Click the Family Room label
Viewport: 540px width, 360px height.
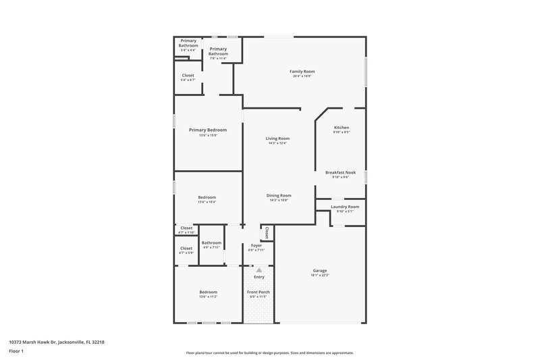click(302, 71)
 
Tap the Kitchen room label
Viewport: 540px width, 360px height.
click(342, 127)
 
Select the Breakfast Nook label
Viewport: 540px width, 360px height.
click(340, 172)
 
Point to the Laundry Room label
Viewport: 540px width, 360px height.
click(344, 207)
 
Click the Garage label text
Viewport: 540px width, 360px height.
click(319, 270)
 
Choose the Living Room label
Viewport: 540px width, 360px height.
click(277, 138)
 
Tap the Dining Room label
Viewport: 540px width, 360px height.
click(279, 195)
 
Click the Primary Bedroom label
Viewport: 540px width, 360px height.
click(208, 130)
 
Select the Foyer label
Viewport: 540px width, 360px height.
click(256, 245)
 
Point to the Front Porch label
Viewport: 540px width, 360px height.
click(259, 292)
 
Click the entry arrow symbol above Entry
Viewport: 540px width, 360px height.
click(259, 269)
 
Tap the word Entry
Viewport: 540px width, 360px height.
click(259, 277)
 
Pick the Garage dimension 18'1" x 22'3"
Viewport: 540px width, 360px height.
click(319, 275)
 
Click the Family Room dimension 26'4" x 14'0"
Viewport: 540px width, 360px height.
click(302, 76)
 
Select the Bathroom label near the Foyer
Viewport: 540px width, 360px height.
click(211, 242)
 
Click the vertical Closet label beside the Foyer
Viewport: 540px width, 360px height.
click(267, 232)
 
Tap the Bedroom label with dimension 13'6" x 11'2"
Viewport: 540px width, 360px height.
click(208, 292)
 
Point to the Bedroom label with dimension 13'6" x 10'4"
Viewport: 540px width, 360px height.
click(207, 197)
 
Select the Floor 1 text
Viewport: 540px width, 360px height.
click(16, 351)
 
